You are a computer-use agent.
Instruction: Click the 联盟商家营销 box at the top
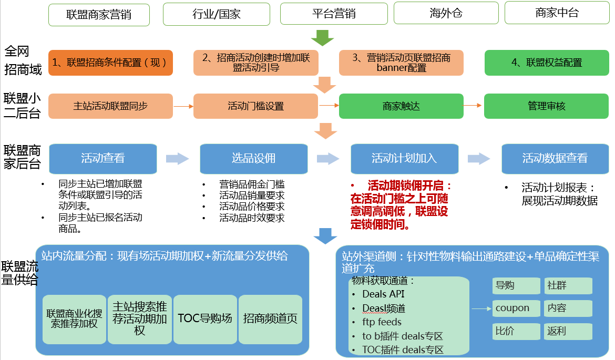pos(99,14)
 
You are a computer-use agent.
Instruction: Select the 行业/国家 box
pos(217,14)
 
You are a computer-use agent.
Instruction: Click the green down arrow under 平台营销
pos(322,37)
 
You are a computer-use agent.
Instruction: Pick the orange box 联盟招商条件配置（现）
pos(110,63)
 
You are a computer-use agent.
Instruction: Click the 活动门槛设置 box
pos(255,106)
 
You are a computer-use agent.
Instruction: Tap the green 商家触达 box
pos(401,106)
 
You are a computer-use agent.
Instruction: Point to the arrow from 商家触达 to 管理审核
pos(473,106)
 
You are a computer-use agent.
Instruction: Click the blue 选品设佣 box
pos(253,158)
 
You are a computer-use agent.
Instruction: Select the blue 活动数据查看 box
pos(555,158)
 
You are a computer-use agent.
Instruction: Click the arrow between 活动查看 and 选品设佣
pos(177,158)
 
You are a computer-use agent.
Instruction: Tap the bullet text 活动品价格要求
pos(252,207)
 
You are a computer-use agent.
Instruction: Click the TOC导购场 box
pos(205,318)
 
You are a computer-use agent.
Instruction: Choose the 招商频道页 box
pos(270,318)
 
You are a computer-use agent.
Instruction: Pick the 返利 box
pos(568,332)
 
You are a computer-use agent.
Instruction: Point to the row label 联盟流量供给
pos(19,273)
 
